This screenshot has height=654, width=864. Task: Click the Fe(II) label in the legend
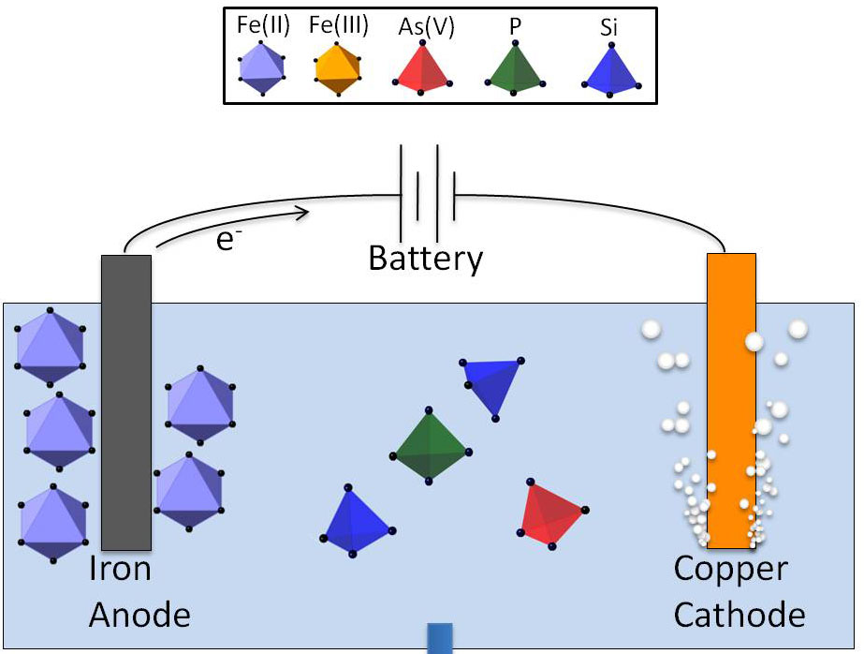pos(263,25)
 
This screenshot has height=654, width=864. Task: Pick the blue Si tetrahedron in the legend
pos(609,70)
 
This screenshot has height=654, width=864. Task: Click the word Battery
pos(426,258)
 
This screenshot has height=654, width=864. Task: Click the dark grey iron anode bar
pos(126,403)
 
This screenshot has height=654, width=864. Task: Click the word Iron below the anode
pos(120,569)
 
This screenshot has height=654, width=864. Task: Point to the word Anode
pos(139,615)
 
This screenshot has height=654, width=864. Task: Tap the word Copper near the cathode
pos(731,569)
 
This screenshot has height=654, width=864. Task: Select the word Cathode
pos(740,615)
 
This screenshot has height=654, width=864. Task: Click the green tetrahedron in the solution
pos(429,448)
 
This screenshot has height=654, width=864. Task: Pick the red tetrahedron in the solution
pos(552,513)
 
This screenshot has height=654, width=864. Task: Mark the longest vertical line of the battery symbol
pos(402,191)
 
